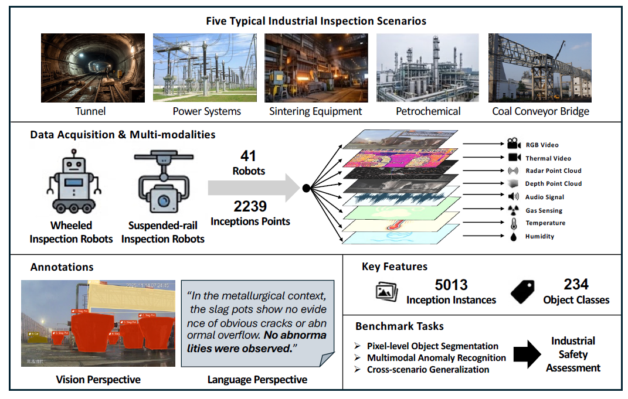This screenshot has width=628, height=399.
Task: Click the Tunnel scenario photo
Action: point(93,68)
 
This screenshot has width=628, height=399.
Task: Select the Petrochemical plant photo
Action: point(427,68)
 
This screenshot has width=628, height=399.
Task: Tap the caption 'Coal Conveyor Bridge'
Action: point(539,111)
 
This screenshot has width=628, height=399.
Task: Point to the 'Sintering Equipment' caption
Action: point(315,111)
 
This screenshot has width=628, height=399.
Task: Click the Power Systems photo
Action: point(204,68)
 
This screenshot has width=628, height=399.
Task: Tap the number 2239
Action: point(250,206)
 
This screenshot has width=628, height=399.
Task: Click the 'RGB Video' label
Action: point(542,145)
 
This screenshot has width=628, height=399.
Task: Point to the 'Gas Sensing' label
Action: point(544,210)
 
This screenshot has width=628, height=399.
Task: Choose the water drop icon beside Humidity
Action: point(513,236)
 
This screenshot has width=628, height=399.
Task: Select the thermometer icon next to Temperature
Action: point(513,223)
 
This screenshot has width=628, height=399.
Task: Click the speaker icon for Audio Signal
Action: point(513,197)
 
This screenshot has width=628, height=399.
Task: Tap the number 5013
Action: point(451,285)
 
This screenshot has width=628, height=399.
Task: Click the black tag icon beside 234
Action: point(522,291)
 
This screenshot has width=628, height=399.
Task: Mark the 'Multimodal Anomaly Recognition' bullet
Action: point(436,357)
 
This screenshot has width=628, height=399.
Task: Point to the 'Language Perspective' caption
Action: point(257,380)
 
